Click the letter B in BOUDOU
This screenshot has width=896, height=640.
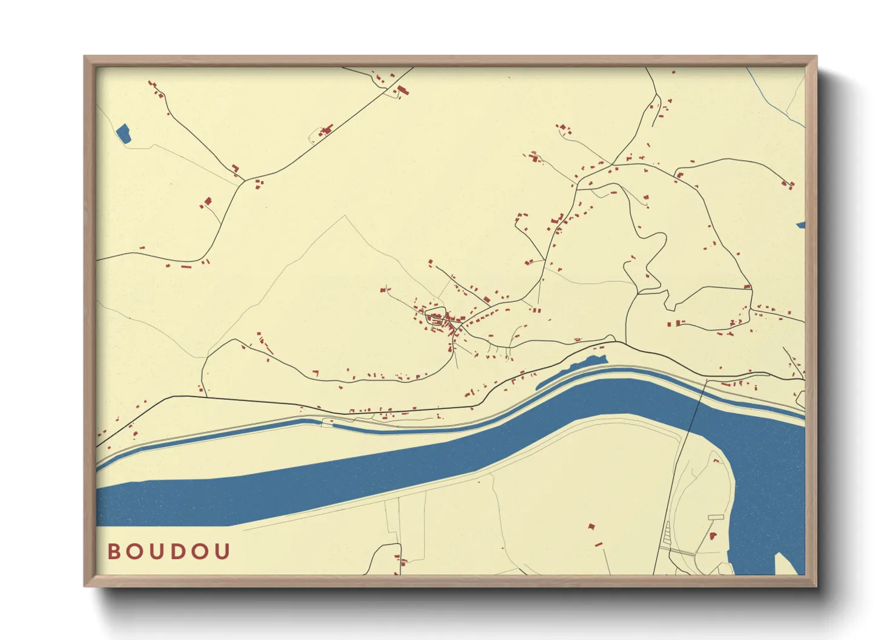113,552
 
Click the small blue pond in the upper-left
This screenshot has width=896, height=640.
123,134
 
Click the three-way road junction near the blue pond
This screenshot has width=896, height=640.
244,180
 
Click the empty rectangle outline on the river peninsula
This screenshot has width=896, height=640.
716,517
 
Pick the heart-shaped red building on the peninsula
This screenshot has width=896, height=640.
713,536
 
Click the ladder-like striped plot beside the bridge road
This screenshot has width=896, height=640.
668,532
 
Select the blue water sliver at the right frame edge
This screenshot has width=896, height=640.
800,225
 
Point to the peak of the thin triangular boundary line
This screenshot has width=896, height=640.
345,216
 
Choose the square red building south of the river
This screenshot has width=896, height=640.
591,527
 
